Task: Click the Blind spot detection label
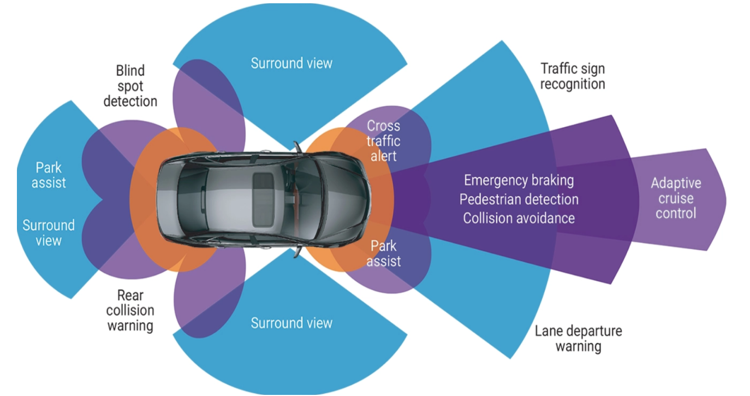[x=130, y=86]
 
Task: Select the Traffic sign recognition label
[x=573, y=76]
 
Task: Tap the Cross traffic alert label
[x=383, y=140]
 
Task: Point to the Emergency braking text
[x=519, y=180]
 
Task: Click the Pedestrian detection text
[x=519, y=199]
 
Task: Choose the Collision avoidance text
[x=519, y=218]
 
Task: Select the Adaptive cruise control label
[x=676, y=198]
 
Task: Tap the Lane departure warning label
[x=578, y=338]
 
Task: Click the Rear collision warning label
[x=130, y=311]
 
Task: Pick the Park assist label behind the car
[x=49, y=175]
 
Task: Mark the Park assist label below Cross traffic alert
[x=383, y=253]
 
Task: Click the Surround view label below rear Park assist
[x=49, y=233]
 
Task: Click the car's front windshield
[x=307, y=197]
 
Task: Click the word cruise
[x=676, y=198]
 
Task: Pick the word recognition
[x=573, y=84]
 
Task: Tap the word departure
[x=596, y=330]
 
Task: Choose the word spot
[x=130, y=86]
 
